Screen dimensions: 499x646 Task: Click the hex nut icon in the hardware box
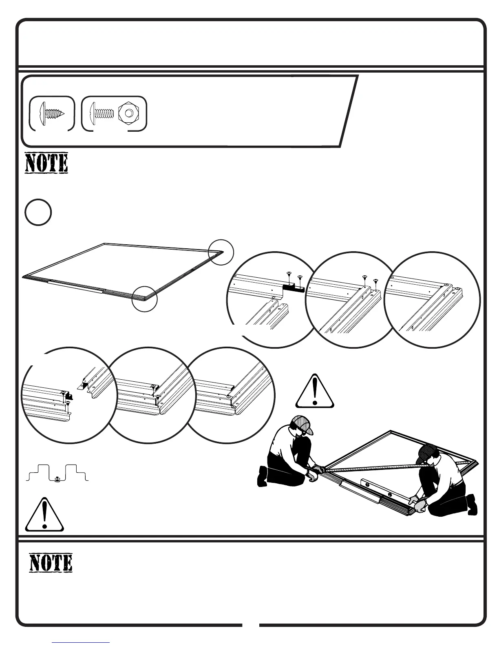(x=129, y=114)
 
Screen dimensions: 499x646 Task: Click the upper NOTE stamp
(x=46, y=163)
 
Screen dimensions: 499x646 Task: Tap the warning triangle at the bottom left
(x=44, y=515)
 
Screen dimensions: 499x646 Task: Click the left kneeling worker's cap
(x=304, y=424)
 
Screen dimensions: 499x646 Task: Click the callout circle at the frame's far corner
(x=221, y=252)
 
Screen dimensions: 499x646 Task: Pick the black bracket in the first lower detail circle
(x=69, y=396)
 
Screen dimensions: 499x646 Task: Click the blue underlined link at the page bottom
(x=81, y=642)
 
